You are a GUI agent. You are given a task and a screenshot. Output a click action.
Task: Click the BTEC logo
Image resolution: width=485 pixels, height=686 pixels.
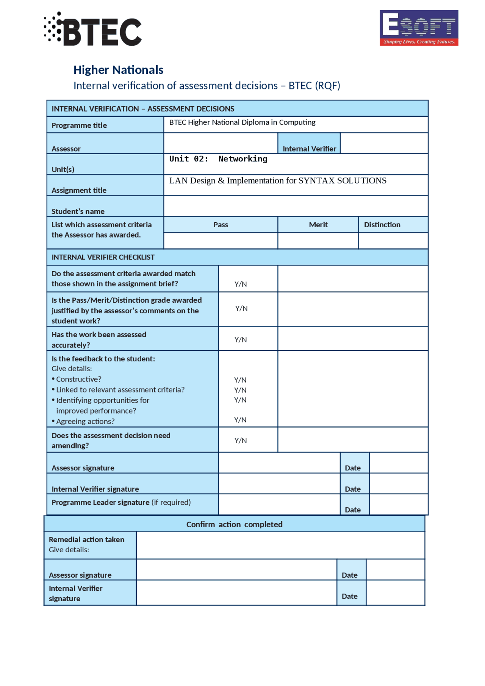(93, 30)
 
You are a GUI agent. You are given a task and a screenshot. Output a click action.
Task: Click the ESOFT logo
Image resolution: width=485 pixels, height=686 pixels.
(419, 28)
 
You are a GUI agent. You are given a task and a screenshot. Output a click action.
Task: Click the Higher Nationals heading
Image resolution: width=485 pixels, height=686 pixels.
(118, 70)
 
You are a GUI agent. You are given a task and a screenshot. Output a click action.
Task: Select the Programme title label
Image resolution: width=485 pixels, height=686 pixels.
(79, 125)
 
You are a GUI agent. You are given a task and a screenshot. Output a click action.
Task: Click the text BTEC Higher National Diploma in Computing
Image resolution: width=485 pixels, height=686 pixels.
(242, 122)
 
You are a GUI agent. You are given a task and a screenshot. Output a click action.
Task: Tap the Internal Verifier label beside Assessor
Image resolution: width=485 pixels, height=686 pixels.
(309, 149)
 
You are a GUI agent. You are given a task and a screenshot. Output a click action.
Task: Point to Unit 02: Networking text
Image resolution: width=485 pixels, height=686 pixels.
(218, 159)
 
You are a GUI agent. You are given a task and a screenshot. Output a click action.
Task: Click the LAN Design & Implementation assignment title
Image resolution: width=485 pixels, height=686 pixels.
(278, 181)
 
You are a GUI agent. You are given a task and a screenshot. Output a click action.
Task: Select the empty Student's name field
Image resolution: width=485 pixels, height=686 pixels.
(296, 206)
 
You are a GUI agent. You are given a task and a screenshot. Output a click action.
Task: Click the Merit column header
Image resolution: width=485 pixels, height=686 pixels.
(318, 225)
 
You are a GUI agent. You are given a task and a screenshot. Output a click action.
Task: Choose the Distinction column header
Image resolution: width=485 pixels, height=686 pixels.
(382, 225)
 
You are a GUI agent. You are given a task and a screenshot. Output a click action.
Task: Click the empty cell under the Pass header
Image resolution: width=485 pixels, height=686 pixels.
(221, 241)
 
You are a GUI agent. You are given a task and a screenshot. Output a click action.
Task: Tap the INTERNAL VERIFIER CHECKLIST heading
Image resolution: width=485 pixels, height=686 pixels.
(103, 257)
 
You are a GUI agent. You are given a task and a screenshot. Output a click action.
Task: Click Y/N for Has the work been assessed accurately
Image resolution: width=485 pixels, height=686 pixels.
(241, 340)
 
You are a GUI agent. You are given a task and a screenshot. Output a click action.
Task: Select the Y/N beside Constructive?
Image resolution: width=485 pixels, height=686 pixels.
(240, 380)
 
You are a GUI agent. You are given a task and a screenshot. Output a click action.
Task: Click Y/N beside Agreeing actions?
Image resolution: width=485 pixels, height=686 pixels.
(240, 420)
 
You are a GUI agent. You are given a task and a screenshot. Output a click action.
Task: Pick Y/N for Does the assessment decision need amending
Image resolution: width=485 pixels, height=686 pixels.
(241, 441)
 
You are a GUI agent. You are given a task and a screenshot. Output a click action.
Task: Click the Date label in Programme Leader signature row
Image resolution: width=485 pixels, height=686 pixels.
(352, 510)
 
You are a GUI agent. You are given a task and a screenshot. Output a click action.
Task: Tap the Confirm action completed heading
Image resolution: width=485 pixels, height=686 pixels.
(234, 525)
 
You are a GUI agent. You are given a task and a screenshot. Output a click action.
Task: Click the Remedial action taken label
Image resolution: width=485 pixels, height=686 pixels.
(86, 540)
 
